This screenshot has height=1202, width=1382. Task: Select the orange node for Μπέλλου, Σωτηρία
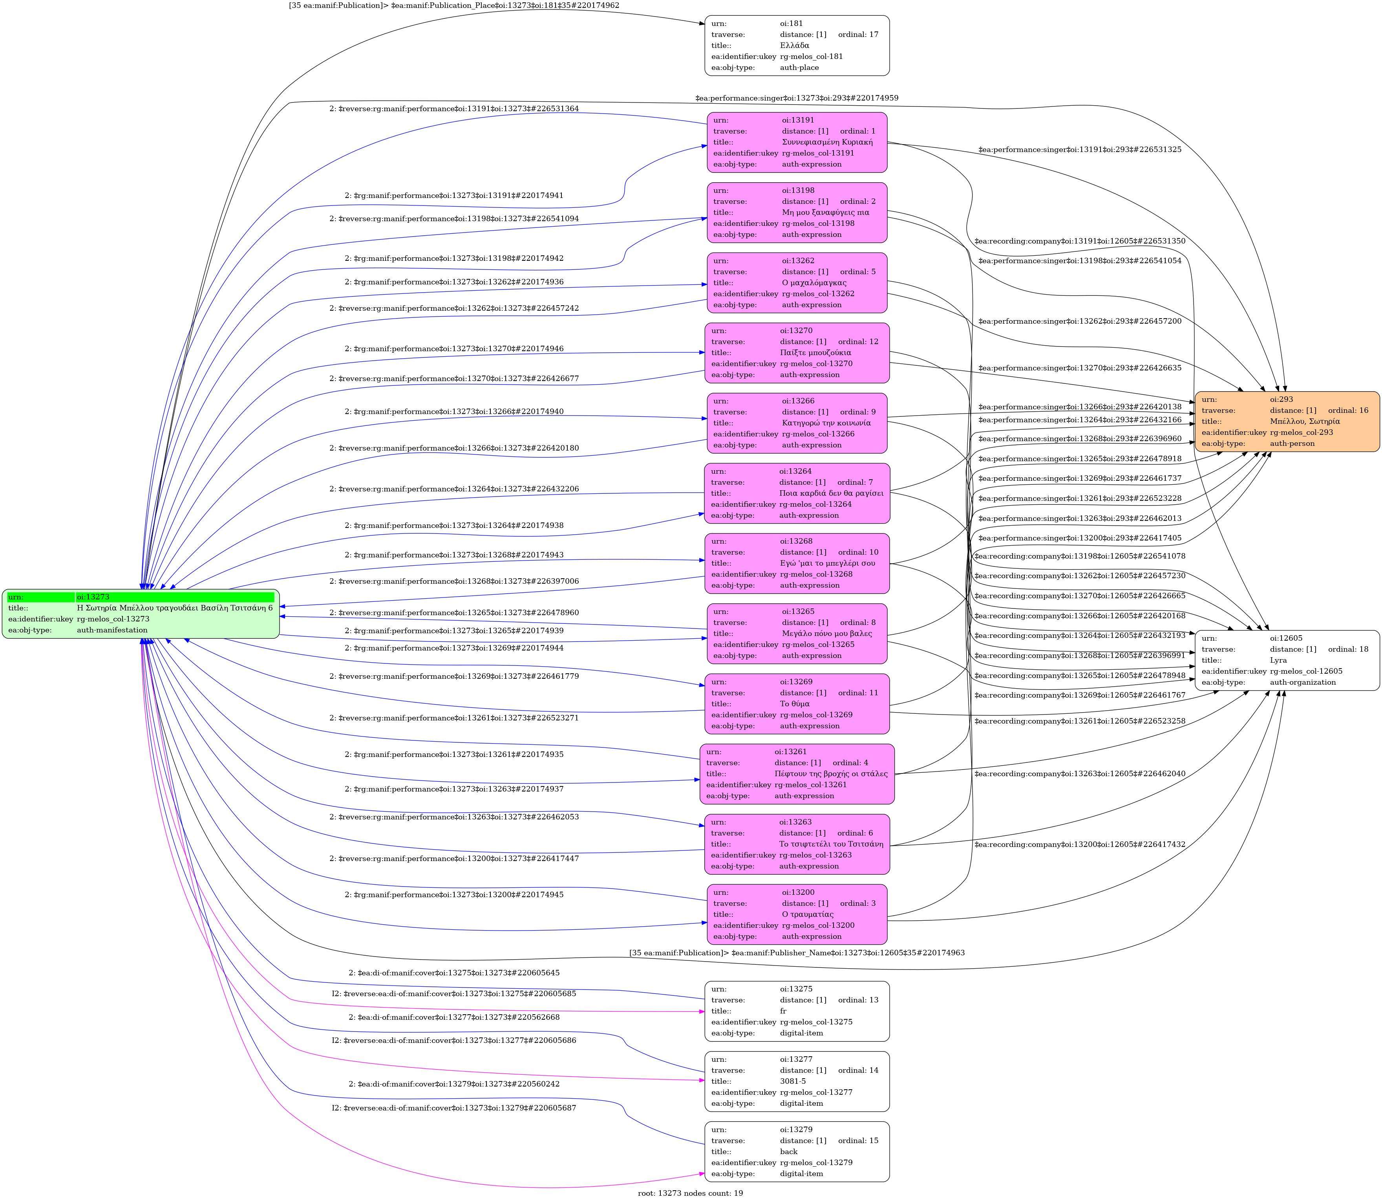click(1286, 421)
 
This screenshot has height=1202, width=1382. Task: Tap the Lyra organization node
click(1286, 660)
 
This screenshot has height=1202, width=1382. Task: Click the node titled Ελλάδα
click(797, 46)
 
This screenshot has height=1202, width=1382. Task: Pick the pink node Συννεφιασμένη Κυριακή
click(797, 142)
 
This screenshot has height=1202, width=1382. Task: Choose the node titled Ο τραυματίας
click(797, 914)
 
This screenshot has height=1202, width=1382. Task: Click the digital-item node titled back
click(797, 1152)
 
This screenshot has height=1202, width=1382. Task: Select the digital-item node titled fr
click(797, 1011)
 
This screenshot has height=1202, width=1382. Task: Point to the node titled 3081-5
click(797, 1081)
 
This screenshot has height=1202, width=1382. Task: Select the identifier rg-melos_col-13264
click(815, 504)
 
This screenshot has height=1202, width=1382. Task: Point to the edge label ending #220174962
click(454, 5)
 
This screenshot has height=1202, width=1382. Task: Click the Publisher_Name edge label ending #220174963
click(797, 953)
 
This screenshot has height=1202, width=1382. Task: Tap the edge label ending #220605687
click(454, 1108)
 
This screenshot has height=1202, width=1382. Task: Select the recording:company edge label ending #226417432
click(1080, 845)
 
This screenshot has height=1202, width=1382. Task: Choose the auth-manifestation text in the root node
click(112, 630)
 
